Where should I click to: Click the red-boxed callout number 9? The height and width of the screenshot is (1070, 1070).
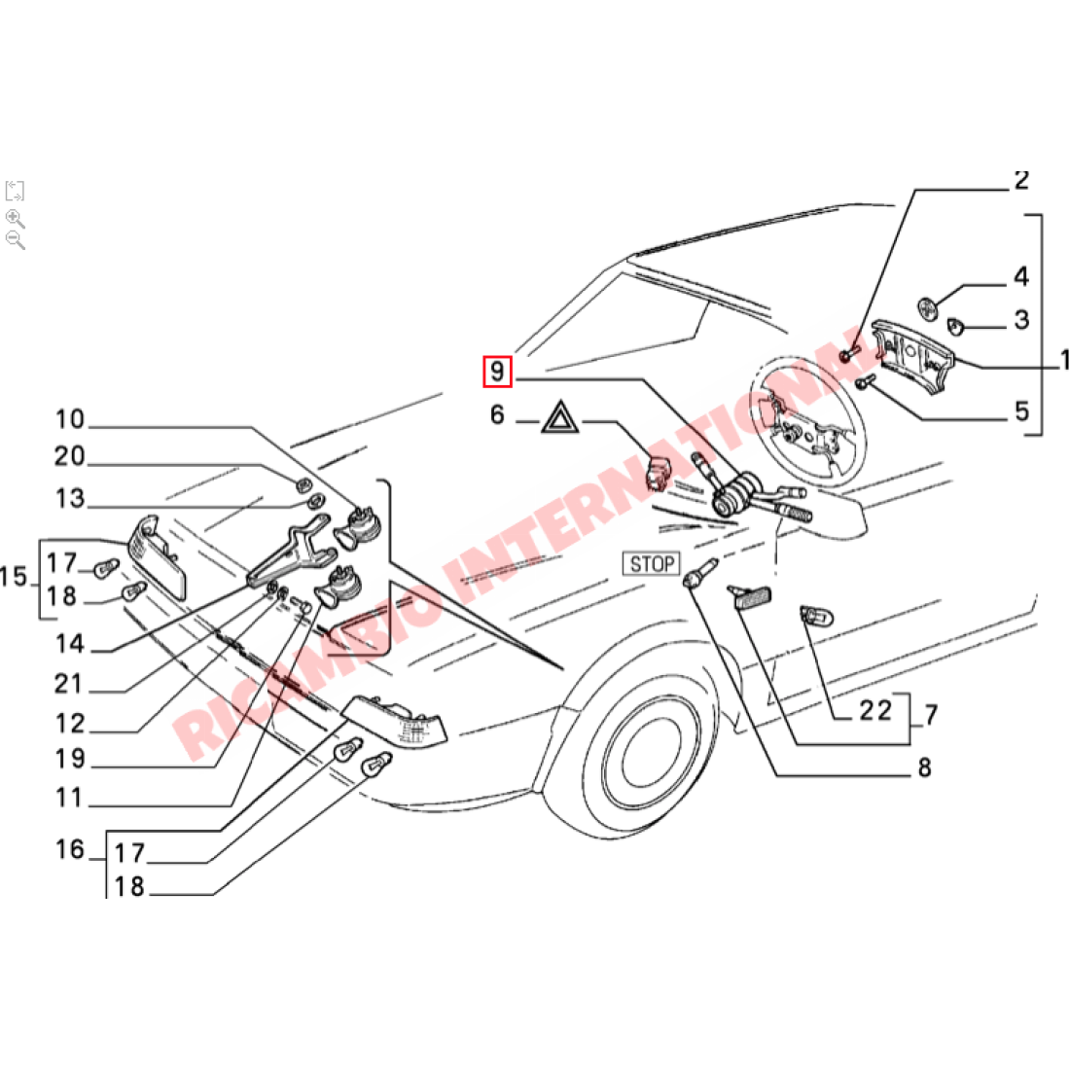click(x=497, y=372)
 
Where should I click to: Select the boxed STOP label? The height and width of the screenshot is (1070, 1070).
click(x=651, y=563)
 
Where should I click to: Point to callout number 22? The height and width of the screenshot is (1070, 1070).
click(x=874, y=711)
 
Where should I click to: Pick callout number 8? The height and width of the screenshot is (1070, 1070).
click(x=924, y=767)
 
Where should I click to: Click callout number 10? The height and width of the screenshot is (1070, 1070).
click(x=70, y=420)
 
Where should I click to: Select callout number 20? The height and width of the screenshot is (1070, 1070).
click(x=70, y=457)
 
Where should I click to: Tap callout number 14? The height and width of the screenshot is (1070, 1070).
click(x=70, y=644)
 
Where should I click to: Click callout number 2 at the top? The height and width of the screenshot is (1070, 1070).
click(x=1020, y=181)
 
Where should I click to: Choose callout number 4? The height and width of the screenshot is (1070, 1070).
click(x=1020, y=277)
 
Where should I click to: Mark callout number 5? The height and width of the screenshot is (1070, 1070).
click(x=1020, y=410)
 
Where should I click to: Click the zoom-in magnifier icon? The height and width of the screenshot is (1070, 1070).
click(x=15, y=218)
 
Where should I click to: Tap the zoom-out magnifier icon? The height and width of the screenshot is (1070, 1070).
click(x=15, y=239)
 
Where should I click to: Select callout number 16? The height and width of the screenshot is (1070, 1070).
click(x=70, y=850)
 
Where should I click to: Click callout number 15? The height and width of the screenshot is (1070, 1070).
click(x=14, y=578)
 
